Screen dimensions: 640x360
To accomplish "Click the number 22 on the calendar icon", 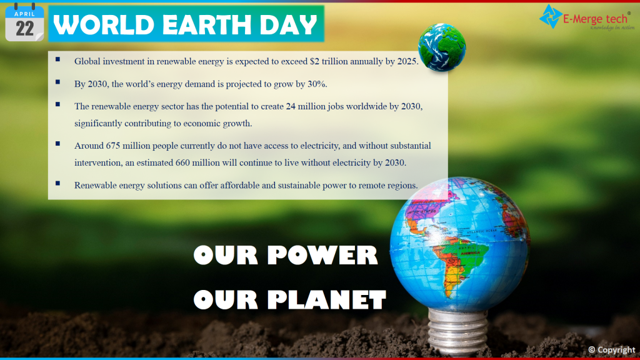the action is click(24, 29).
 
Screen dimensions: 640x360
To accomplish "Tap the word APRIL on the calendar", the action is click(24, 14).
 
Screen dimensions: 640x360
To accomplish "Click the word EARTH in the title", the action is click(206, 24).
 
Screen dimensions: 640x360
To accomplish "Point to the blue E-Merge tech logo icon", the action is click(551, 17).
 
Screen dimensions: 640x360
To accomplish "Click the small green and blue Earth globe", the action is click(442, 47).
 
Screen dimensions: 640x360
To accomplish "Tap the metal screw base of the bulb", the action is click(457, 330).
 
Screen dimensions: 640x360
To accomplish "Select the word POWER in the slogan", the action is click(322, 255).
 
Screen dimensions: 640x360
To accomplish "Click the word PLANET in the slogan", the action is click(326, 299).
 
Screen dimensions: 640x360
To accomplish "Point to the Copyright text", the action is click(612, 350).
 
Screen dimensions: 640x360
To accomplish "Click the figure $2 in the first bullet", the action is click(314, 61).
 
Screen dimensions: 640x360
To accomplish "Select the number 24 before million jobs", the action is click(291, 106).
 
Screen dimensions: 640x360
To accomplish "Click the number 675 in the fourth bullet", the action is click(113, 146).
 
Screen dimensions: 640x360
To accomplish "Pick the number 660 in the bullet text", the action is click(183, 163).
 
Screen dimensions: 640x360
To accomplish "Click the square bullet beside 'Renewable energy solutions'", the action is click(58, 183).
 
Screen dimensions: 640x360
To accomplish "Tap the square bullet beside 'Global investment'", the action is click(58, 59).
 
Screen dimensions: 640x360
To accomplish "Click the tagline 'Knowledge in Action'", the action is click(612, 27).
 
